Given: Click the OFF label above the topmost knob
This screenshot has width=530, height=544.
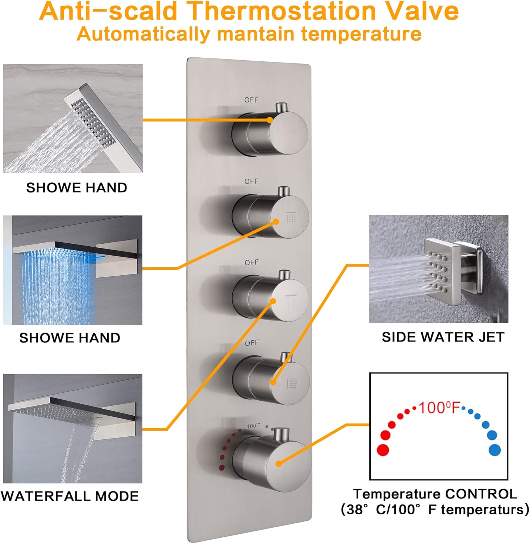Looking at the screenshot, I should click(251, 100).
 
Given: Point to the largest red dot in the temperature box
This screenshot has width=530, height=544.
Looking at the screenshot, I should click(383, 450).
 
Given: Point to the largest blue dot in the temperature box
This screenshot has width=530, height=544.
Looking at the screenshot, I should click(494, 450).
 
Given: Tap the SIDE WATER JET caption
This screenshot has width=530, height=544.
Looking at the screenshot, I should click(443, 337).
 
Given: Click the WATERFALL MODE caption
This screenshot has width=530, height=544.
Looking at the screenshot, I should click(70, 496).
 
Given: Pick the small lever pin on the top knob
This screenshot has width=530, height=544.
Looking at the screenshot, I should click(281, 108).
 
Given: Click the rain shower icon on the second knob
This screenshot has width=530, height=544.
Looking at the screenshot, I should click(291, 217).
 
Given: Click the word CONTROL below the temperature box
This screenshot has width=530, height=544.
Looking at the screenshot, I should click(480, 494).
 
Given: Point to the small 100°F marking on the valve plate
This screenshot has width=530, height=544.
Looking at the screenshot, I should click(254, 426).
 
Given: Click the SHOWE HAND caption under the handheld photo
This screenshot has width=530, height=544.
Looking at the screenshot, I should click(76, 187).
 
